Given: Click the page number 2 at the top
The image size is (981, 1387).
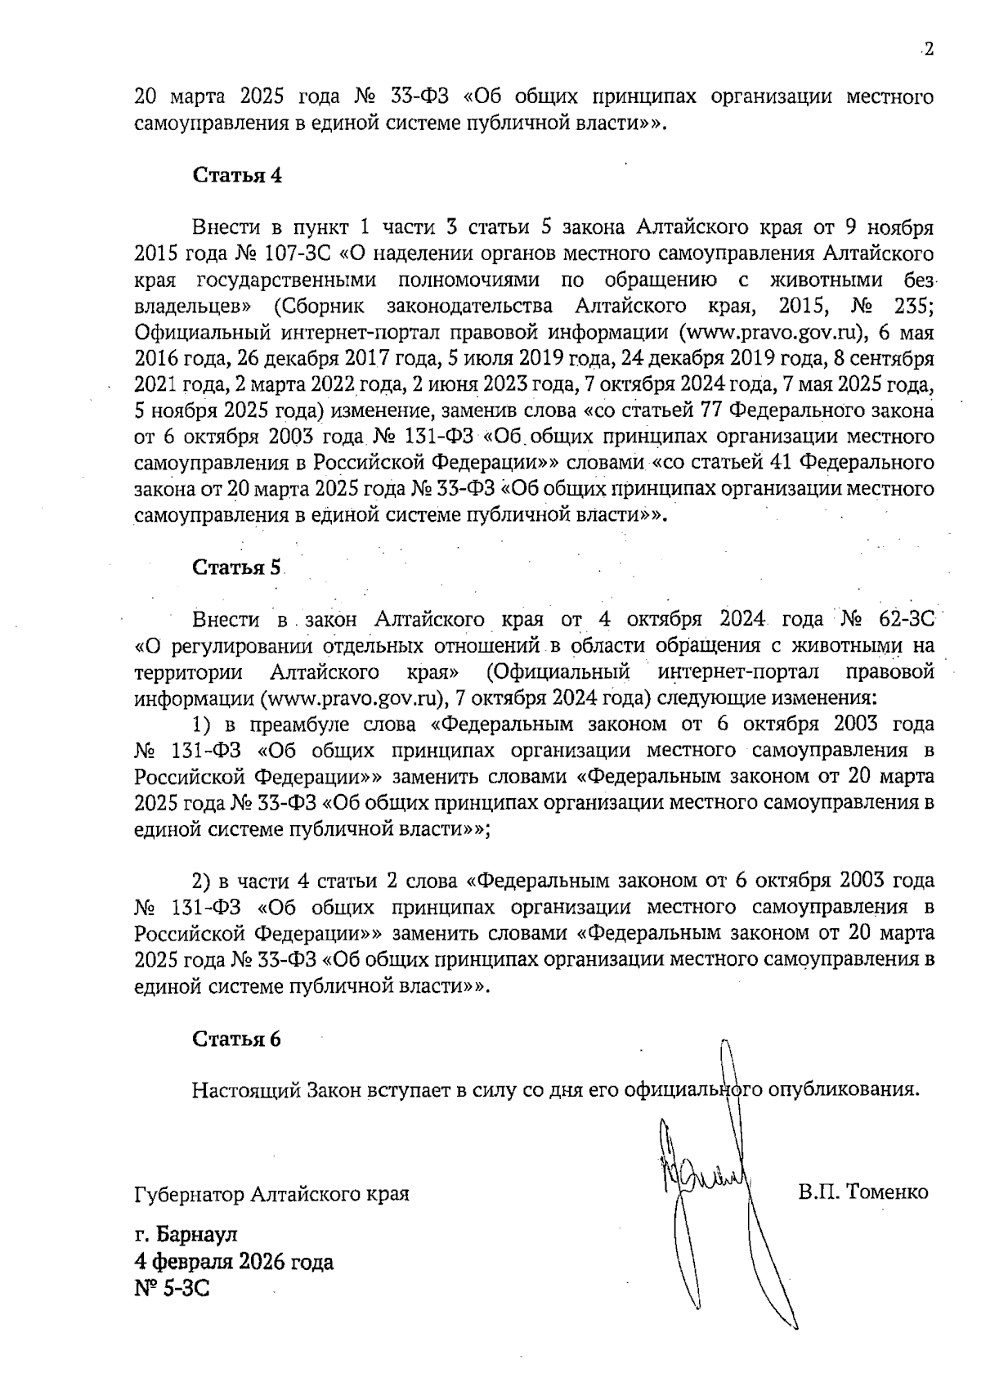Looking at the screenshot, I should [x=928, y=50].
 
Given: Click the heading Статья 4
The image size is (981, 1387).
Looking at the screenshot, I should [x=237, y=175].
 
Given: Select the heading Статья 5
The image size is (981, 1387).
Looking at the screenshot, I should [x=237, y=567].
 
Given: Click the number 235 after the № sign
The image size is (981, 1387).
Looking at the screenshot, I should [x=914, y=306].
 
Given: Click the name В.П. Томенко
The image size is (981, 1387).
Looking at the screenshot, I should [x=863, y=1192].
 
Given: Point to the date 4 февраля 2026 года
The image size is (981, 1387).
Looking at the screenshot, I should [x=234, y=1261].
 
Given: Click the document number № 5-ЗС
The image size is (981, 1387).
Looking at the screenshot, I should [x=172, y=1289].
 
